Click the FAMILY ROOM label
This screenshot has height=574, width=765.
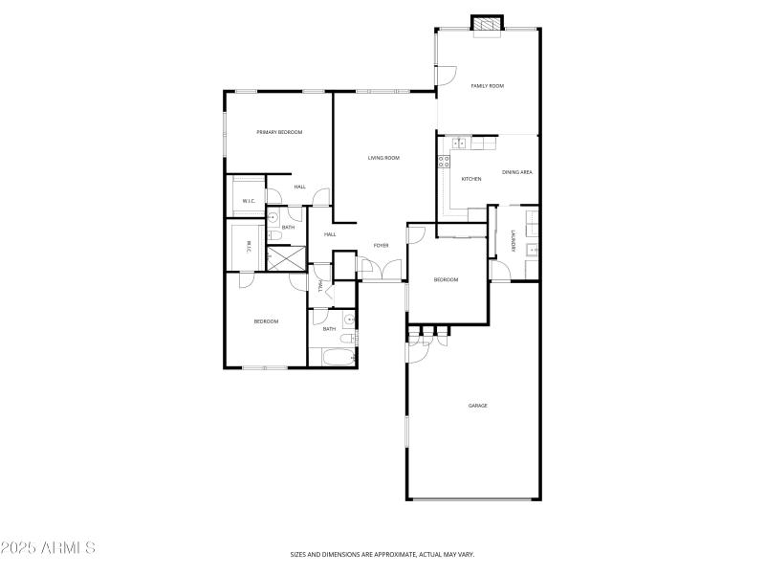[x=487, y=86]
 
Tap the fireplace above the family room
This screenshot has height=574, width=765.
[x=488, y=24]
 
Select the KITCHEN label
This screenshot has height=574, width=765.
[x=471, y=179]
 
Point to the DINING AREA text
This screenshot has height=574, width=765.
[x=516, y=172]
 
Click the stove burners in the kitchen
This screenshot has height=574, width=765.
[x=445, y=162]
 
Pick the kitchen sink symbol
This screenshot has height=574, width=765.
[x=459, y=143]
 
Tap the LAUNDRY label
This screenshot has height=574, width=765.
[x=514, y=243]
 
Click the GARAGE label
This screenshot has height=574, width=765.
[x=477, y=406]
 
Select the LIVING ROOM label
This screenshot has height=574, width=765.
[x=383, y=158]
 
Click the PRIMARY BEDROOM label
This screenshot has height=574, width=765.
[x=279, y=132]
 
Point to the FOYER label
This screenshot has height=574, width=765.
[x=381, y=246]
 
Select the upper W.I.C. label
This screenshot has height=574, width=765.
[x=248, y=201]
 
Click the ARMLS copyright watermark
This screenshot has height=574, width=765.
[x=48, y=549]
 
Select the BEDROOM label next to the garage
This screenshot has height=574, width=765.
[x=446, y=279]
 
